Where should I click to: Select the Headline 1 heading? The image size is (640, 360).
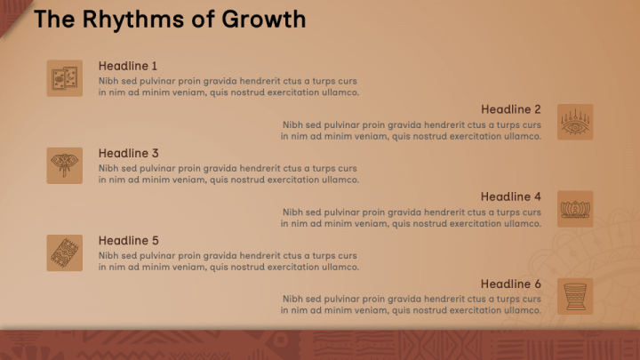coord(128,66)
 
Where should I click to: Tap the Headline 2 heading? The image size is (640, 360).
coord(510,109)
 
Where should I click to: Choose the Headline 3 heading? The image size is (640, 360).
coord(128,153)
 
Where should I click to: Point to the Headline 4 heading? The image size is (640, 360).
coord(510,196)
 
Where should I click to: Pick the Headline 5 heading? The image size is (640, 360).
coord(128,240)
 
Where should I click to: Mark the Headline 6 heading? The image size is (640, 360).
coord(510,284)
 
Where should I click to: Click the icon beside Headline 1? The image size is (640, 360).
coord(64,78)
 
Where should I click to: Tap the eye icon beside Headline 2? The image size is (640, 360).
coord(575,122)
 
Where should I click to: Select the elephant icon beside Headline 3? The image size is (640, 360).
coord(64,165)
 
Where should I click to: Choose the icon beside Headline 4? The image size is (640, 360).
coord(575,209)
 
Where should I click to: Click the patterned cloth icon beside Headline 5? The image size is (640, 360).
coord(64,252)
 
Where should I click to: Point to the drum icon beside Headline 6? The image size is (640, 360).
coord(575,296)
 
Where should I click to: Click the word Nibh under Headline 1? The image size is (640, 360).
coord(108,81)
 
